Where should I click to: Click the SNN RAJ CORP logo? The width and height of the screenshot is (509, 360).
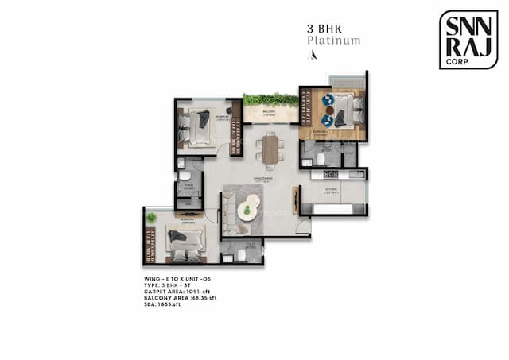(x=468, y=39)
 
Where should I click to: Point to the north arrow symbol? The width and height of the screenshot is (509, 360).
(x=313, y=56)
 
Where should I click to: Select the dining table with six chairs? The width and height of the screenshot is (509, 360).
(x=270, y=149)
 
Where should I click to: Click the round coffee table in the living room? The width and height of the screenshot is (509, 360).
(x=248, y=211)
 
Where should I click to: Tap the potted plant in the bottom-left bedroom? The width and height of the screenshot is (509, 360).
(x=150, y=217)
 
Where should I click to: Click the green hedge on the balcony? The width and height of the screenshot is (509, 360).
(x=271, y=100)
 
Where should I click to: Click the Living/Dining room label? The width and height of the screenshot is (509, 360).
(x=262, y=181)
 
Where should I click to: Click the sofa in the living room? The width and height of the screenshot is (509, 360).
(x=229, y=208)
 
